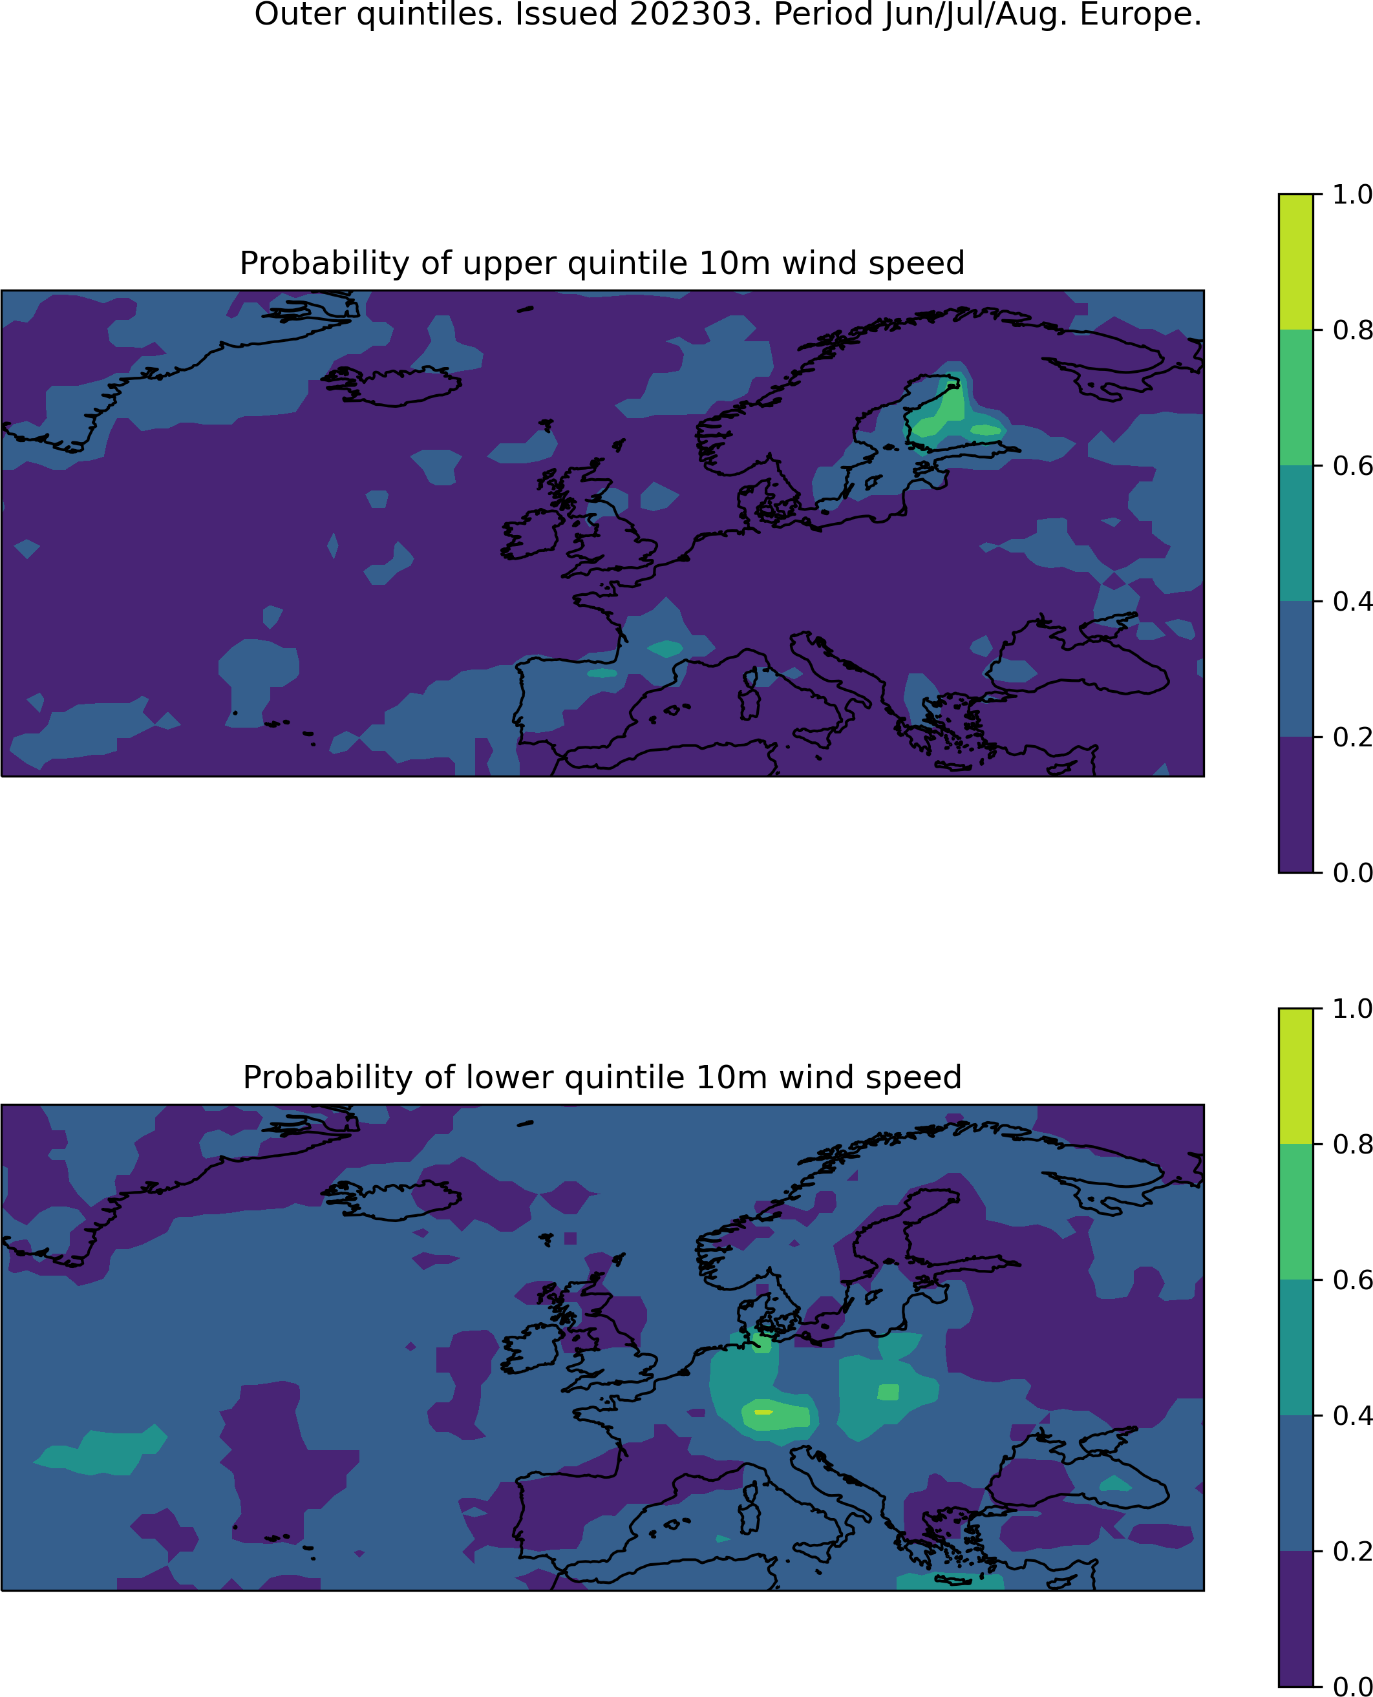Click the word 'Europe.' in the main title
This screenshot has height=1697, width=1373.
click(1140, 14)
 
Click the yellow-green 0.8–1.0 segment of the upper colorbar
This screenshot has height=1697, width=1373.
click(1295, 262)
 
